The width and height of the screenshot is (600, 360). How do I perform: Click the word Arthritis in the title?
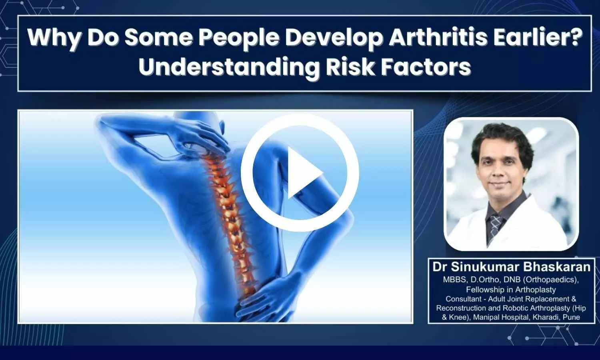click(438, 37)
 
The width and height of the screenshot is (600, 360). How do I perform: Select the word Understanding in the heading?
click(229, 67)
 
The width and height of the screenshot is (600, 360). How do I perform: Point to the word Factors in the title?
click(426, 67)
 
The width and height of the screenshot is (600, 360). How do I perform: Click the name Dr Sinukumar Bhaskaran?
click(511, 266)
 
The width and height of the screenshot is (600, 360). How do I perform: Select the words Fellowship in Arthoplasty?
click(511, 290)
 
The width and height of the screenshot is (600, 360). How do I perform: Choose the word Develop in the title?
click(334, 38)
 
